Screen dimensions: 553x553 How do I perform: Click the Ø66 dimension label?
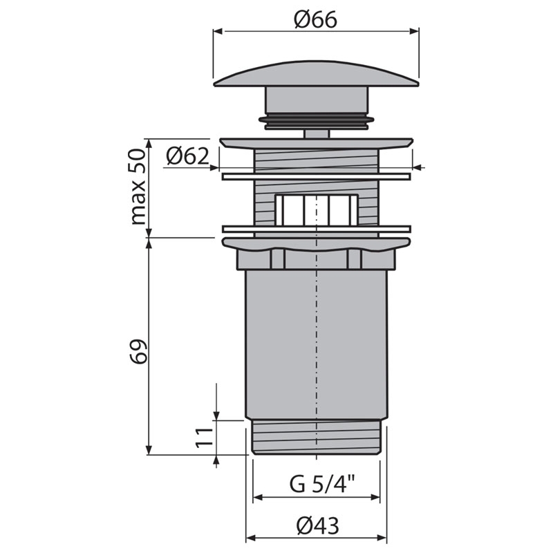click(x=316, y=20)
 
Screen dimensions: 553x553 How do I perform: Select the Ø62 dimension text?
click(x=187, y=156)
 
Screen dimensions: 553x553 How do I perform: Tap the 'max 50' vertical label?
click(x=138, y=187)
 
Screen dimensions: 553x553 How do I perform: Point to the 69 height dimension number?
click(x=138, y=352)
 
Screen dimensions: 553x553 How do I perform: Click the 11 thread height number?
click(x=205, y=438)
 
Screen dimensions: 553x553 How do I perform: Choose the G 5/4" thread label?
click(x=322, y=485)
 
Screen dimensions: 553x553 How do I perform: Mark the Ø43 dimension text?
click(x=318, y=526)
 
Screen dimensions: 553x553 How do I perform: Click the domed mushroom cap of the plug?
click(x=317, y=73)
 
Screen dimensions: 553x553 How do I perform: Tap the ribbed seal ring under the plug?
click(x=317, y=122)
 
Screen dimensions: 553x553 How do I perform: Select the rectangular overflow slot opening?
click(x=317, y=210)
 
